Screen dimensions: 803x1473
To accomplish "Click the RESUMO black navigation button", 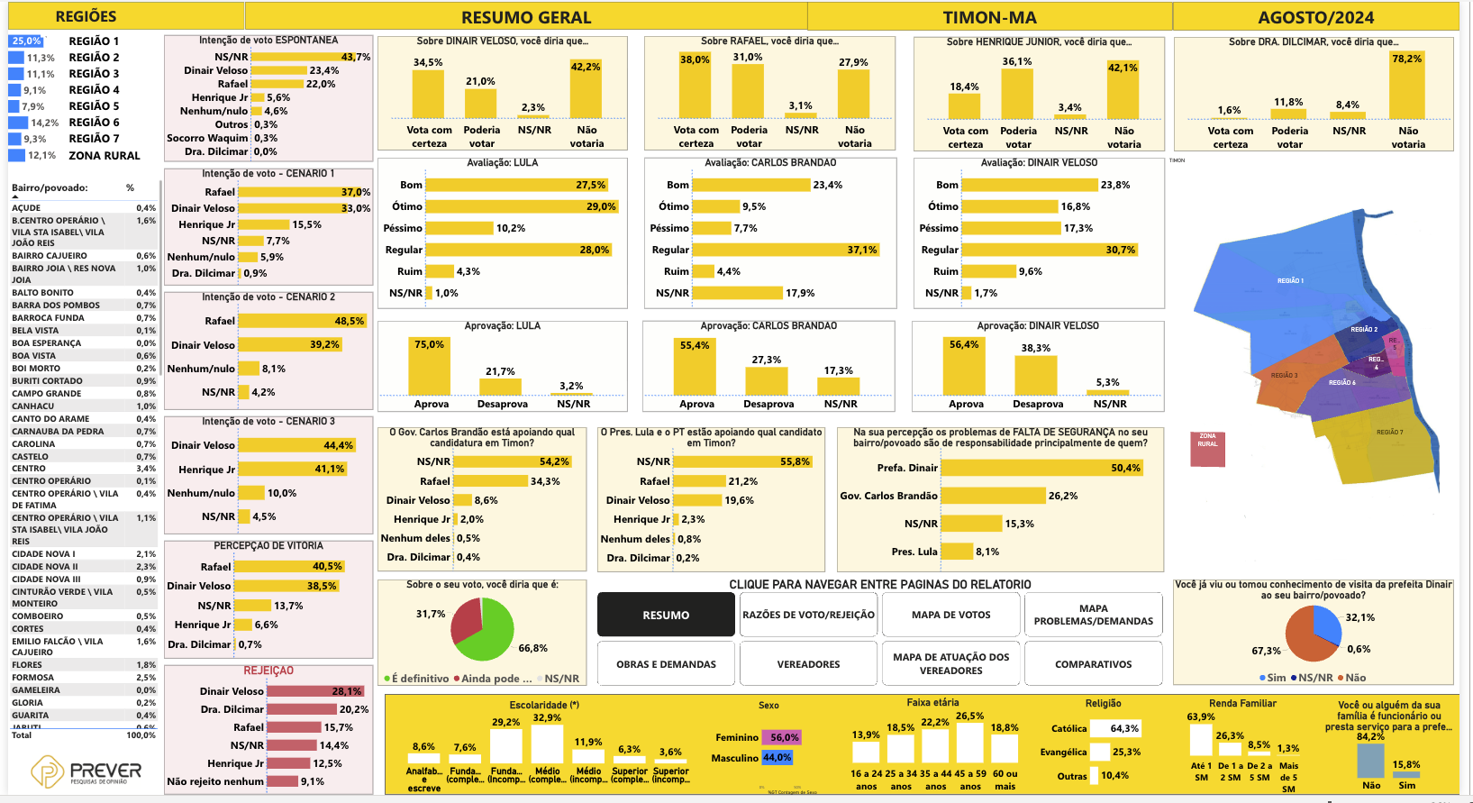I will (666, 615).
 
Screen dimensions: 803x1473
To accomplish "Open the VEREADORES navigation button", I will (808, 664).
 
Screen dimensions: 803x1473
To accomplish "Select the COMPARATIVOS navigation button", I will (1093, 664).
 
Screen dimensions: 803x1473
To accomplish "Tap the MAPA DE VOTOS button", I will (950, 615).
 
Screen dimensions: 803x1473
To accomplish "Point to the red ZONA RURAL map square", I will (1207, 448).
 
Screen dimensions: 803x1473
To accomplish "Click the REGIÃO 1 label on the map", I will (1290, 280).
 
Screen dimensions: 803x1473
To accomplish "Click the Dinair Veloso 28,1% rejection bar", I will (315, 691).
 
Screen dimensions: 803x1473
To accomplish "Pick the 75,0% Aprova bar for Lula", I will (430, 370).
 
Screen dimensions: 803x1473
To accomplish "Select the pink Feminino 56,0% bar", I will (781, 737).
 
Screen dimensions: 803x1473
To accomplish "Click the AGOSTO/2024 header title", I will (1315, 17).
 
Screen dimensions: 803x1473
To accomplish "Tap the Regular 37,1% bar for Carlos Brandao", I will (785, 250).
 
